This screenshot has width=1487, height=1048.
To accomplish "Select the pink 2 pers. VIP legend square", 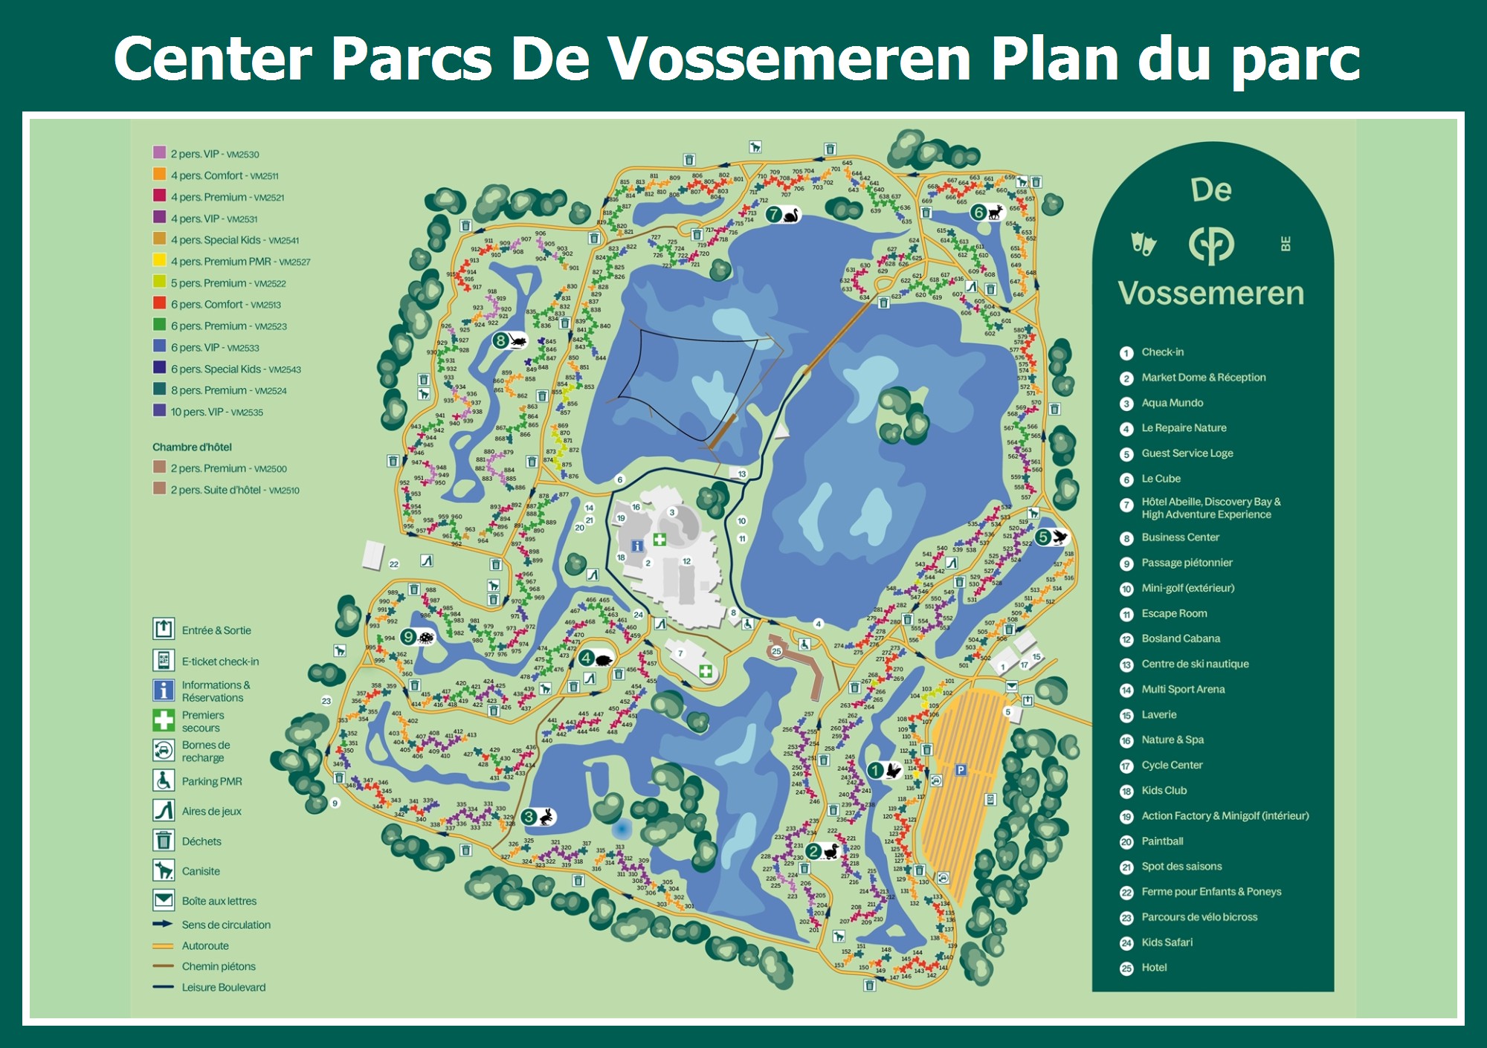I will tap(159, 152).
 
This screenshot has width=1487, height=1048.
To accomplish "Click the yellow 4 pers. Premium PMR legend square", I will tap(159, 260).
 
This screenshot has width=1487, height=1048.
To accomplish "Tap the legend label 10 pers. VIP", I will tap(216, 412).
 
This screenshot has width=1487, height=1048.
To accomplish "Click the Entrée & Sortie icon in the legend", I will tap(164, 629).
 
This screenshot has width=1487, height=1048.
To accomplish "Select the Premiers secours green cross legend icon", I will tap(164, 720).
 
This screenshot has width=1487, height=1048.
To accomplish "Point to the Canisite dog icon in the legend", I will tap(164, 870).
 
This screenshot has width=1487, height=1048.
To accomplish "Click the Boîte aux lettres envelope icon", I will tap(164, 900).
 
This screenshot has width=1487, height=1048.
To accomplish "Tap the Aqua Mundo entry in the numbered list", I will tap(1172, 403).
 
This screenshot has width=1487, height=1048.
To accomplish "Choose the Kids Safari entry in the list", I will tap(1167, 942).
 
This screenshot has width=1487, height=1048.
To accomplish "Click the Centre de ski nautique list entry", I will tap(1194, 664).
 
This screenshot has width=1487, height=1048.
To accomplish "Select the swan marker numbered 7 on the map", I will tap(783, 215).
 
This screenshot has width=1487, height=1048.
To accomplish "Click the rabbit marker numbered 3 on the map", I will tap(538, 817).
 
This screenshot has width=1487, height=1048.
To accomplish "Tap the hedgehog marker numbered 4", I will tap(596, 658).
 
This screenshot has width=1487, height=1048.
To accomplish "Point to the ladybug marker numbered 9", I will tap(417, 637).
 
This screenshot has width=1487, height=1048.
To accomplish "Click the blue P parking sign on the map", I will tap(961, 770).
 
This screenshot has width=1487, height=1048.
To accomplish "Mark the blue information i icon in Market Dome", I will tap(637, 546).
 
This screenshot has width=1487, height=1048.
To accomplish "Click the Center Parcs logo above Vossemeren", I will tap(1211, 245).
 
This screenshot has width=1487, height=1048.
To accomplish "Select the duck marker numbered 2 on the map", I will tap(822, 851).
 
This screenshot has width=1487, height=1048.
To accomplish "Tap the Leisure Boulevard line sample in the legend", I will tap(163, 987).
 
